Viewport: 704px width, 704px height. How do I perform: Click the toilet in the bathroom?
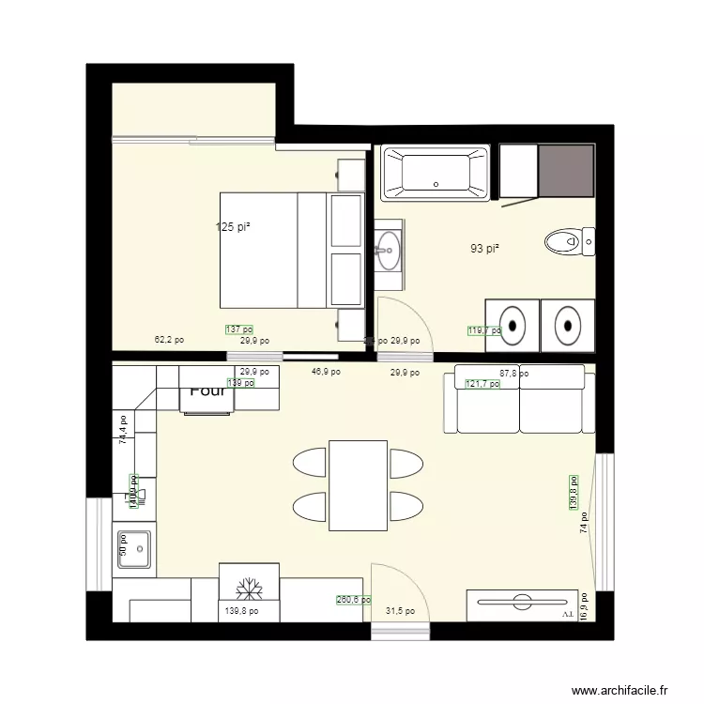tap(567, 242)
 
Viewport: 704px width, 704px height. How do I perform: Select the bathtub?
tap(436, 173)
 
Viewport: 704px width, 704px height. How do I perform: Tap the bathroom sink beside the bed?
tap(388, 249)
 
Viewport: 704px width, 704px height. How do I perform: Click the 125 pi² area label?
tap(233, 227)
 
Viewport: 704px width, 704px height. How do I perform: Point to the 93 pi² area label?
tap(484, 249)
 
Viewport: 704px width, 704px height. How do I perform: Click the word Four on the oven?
tap(207, 391)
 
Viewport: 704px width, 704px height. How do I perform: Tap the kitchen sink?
tap(136, 549)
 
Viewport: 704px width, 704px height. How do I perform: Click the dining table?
tap(358, 484)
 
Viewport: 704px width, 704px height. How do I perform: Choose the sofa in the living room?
tap(519, 399)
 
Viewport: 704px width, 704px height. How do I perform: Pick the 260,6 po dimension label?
tap(353, 600)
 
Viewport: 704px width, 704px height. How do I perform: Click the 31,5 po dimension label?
tap(401, 611)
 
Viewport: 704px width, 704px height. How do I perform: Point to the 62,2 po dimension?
tap(169, 341)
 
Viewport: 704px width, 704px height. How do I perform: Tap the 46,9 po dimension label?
tap(326, 372)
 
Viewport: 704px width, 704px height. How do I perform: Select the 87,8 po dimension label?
tap(513, 373)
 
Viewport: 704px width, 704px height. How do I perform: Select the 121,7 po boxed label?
tap(483, 383)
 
